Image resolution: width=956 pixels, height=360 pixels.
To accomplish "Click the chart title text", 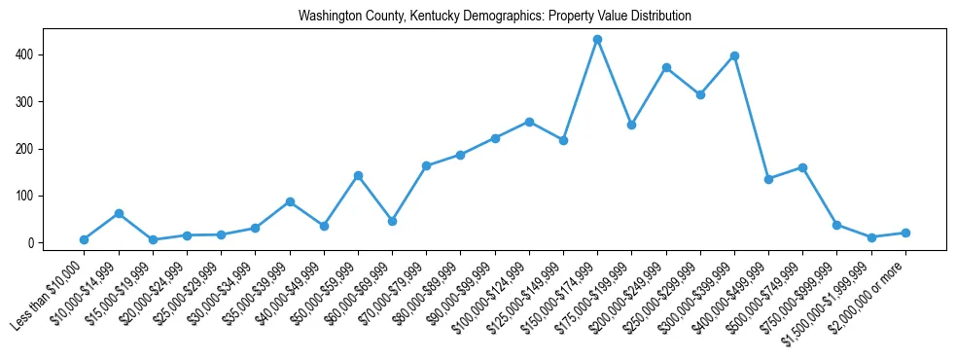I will point(495,17).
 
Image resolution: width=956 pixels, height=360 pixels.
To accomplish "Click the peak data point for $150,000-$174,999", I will point(597,39).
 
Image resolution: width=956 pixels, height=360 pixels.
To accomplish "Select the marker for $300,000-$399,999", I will point(734,55).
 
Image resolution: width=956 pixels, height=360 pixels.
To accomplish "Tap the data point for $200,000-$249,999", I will point(666,67).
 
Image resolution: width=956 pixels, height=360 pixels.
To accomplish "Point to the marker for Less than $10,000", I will point(84,239).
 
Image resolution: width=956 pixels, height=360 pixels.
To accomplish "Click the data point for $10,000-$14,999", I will point(119,213).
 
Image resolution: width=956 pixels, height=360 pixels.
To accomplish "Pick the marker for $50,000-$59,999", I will point(358,175).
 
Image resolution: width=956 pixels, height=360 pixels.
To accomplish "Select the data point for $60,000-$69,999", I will point(392,221).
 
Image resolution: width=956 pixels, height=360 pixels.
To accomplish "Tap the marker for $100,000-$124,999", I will point(529,122).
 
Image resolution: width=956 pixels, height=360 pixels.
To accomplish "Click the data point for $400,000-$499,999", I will point(768,179).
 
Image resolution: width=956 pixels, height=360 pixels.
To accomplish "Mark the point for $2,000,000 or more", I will point(905,233).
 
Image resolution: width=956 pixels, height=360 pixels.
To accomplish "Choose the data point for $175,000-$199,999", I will point(631,125).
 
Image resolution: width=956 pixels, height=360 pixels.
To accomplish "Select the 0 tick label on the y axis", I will point(32,243).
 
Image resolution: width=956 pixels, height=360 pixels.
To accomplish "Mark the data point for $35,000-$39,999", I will point(290,201).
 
